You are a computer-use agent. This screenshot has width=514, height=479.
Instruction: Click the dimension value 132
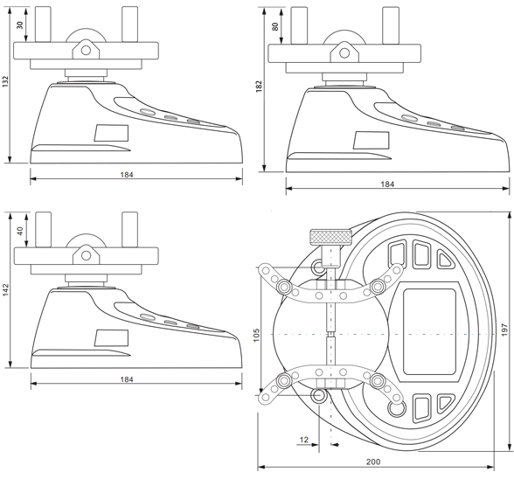pos(5,82)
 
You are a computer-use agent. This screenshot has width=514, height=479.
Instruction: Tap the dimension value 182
pos(260,87)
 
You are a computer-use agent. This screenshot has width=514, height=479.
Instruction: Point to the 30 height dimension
pos(20,25)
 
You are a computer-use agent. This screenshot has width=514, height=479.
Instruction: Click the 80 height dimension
pos(275,26)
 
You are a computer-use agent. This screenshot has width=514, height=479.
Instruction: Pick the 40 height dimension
pos(20,231)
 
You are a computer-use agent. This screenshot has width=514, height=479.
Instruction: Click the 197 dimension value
pos(505,330)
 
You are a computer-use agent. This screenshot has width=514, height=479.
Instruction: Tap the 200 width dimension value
pos(373,462)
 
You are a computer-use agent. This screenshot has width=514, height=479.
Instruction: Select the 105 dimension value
pos(256,335)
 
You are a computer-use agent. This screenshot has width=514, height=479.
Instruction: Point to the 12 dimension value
pos(304,440)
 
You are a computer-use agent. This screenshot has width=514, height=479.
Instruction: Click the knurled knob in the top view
pos(331,238)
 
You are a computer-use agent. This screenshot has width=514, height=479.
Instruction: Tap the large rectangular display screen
pos(429,331)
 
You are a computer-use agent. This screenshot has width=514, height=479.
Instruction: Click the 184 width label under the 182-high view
pos(387,184)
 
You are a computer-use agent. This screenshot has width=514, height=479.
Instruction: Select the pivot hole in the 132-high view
pos(87,50)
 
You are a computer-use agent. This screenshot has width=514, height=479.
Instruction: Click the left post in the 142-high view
pos(44,230)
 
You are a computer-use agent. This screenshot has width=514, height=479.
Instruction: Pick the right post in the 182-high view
pos(391,25)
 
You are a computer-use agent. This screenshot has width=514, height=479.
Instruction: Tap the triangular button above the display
pos(445,259)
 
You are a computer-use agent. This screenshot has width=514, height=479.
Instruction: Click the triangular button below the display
pos(445,404)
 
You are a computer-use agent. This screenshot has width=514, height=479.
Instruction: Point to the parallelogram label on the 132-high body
pos(112,133)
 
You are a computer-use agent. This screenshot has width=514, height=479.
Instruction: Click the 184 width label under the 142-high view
pos(127,379)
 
